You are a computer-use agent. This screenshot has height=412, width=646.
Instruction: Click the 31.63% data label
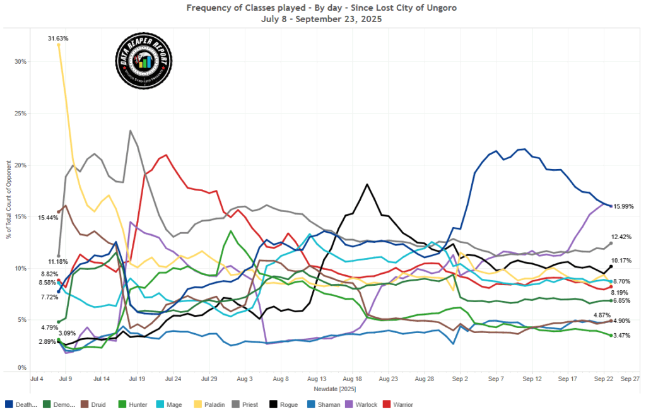tap(58, 38)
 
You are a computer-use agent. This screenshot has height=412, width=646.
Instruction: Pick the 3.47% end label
tap(623, 336)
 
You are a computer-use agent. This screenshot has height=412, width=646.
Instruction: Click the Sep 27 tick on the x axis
tap(630, 380)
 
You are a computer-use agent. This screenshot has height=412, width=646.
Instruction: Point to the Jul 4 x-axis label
tap(37, 380)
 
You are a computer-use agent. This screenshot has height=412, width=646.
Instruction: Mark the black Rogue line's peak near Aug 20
tap(367, 184)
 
